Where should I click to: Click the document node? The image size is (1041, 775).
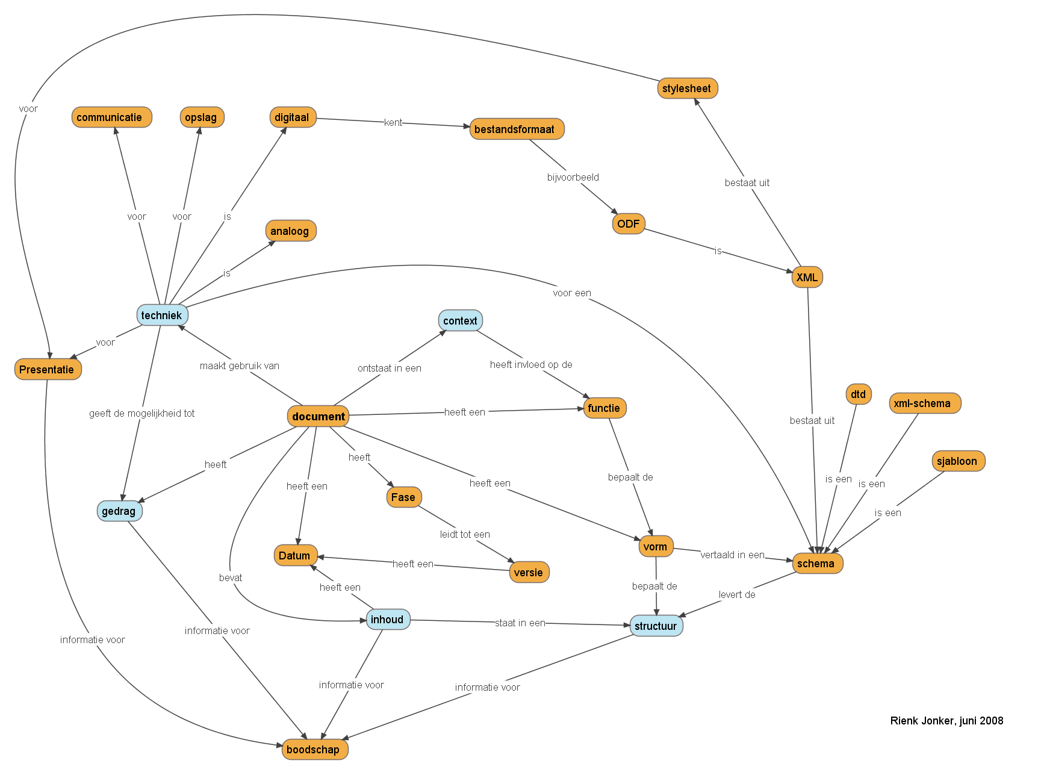[319, 416]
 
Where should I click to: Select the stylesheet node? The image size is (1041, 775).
[687, 89]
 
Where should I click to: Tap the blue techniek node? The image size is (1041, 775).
[162, 315]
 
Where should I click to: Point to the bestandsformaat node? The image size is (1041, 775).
[516, 129]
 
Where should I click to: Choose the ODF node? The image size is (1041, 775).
[628, 224]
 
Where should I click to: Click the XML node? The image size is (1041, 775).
[807, 277]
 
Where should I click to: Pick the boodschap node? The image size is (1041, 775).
[314, 749]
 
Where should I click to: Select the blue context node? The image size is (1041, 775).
[460, 321]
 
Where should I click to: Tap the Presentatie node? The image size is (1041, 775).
[48, 369]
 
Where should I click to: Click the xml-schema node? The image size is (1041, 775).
[924, 403]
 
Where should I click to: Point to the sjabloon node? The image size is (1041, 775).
[957, 461]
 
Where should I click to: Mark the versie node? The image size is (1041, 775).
[529, 572]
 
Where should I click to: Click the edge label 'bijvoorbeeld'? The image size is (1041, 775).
[573, 177]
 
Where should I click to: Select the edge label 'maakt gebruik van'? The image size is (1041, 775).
[240, 366]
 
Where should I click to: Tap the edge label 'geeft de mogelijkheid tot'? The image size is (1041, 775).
[142, 413]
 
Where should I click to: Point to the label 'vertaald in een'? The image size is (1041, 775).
[732, 555]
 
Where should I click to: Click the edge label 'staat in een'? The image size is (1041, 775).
[520, 623]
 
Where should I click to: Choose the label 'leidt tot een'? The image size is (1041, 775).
[465, 534]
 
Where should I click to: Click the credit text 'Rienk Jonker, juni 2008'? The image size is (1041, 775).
[946, 720]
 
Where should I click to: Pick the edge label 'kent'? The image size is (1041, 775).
[393, 122]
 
